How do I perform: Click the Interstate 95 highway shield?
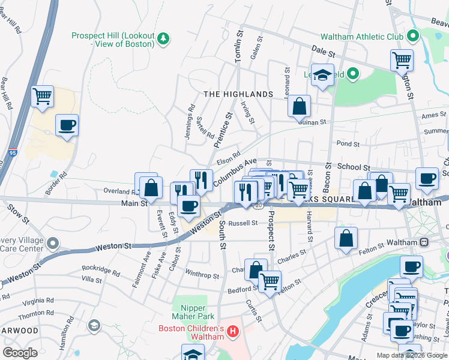pos(13,154)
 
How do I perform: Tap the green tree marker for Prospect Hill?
pos(163,39)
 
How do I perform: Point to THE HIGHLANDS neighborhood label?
pos(238,94)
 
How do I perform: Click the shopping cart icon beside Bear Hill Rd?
pos(43,96)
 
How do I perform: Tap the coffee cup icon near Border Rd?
pos(67,125)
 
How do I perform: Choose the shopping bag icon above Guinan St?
pos(299,107)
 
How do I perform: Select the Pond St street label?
pos(348,144)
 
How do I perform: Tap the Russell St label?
pos(243,223)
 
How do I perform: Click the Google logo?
pos(20,353)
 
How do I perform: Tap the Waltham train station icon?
pos(424,242)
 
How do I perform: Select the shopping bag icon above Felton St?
pos(346,238)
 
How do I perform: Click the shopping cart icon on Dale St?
pos(402,61)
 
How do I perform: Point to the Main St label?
pos(135,203)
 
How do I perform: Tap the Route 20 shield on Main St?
pos(258,205)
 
